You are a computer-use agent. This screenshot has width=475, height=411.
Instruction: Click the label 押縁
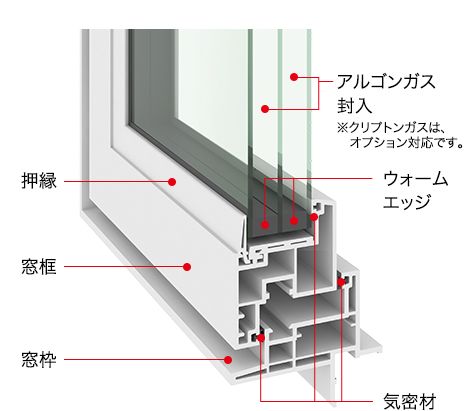(x=39, y=181)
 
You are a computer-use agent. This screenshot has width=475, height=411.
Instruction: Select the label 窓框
(x=39, y=267)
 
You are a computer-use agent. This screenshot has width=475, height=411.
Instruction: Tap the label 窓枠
(x=39, y=359)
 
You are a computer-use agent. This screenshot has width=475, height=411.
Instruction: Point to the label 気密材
(x=410, y=401)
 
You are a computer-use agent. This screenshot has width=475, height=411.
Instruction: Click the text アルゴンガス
(x=386, y=82)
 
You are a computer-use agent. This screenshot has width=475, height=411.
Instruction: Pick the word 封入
(x=354, y=106)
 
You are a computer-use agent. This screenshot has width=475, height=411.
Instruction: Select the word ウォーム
(x=416, y=179)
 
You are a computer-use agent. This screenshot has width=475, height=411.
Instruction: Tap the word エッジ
(x=406, y=202)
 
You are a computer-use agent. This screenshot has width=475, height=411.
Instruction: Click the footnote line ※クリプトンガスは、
(x=391, y=127)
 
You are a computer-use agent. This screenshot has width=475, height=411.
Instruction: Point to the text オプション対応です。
(x=407, y=143)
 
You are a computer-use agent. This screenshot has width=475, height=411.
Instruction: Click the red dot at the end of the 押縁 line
(x=172, y=182)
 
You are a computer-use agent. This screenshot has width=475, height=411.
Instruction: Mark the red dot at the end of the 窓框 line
(x=187, y=267)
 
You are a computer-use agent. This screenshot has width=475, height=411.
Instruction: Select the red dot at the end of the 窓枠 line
(x=228, y=360)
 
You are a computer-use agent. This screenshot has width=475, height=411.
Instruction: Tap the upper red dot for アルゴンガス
(x=294, y=77)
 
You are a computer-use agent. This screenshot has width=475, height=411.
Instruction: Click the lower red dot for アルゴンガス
(x=265, y=109)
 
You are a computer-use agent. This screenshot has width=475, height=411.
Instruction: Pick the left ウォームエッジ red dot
(x=265, y=224)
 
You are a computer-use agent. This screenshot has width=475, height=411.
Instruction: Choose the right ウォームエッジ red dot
(x=294, y=221)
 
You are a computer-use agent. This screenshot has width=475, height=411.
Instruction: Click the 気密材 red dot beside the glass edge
(x=314, y=217)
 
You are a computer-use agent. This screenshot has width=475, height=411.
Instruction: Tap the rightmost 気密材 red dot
(x=341, y=283)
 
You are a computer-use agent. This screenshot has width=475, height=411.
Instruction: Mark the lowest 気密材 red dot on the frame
(x=261, y=338)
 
